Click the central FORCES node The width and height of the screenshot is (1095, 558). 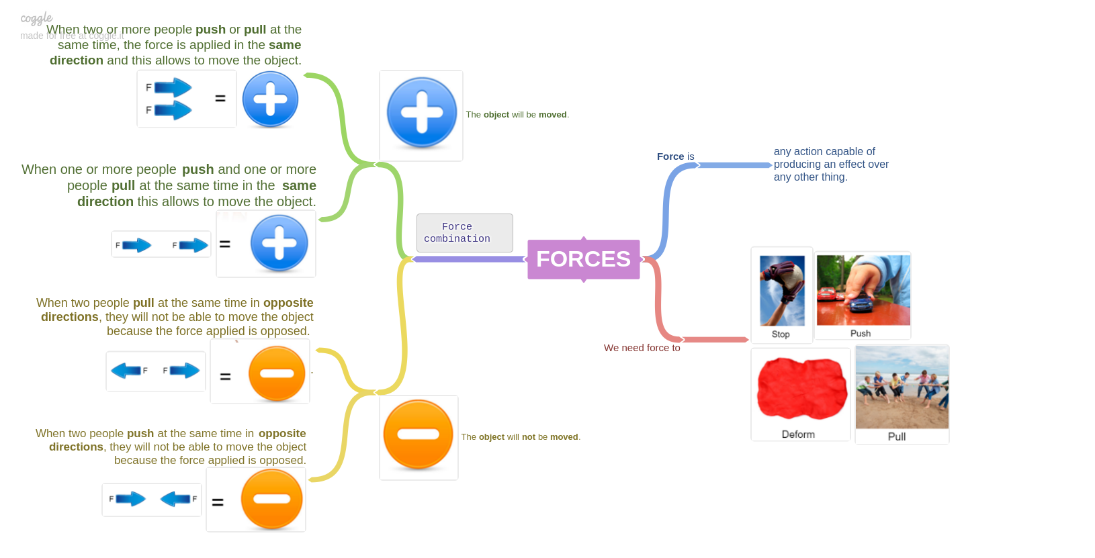pyautogui.click(x=583, y=259)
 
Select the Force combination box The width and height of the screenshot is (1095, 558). pyautogui.click(x=464, y=233)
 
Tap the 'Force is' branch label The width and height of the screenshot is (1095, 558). pyautogui.click(x=675, y=156)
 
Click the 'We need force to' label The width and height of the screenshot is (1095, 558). pyautogui.click(x=642, y=348)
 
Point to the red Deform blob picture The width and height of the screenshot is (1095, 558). pyautogui.click(x=801, y=389)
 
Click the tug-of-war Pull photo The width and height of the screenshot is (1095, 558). pyautogui.click(x=902, y=388)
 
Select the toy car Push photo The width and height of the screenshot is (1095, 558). pyautogui.click(x=863, y=290)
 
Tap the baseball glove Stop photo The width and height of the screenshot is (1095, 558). pyautogui.click(x=782, y=291)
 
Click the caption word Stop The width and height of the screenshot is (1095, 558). pyautogui.click(x=781, y=334)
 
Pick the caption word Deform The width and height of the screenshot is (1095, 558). pyautogui.click(x=798, y=434)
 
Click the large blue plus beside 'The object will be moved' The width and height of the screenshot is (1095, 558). pyautogui.click(x=421, y=113)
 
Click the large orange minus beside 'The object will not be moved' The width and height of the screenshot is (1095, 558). pyautogui.click(x=418, y=434)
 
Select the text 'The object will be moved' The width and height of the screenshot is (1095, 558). pyautogui.click(x=517, y=115)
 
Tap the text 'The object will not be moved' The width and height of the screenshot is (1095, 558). pyautogui.click(x=520, y=437)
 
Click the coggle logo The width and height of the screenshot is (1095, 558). pyautogui.click(x=36, y=18)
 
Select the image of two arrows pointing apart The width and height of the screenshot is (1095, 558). pyautogui.click(x=155, y=371)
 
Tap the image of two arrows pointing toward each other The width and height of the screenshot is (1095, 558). pyautogui.click(x=152, y=500)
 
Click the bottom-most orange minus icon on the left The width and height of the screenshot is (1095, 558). pyautogui.click(x=271, y=500)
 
